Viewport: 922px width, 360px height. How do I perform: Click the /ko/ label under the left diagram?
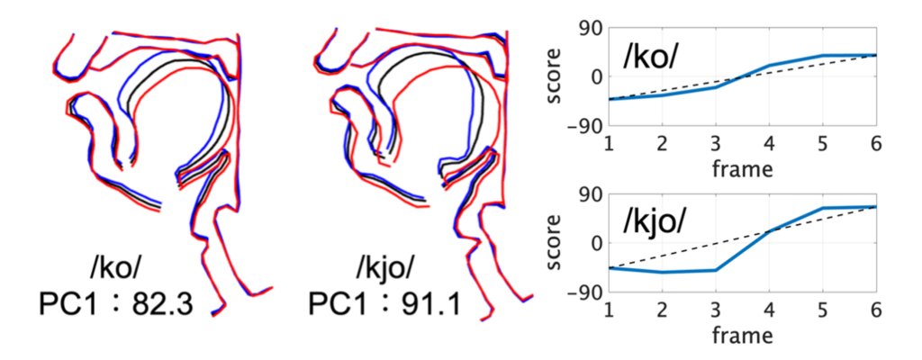tap(116, 267)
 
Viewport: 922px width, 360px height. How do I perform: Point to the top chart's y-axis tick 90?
tap(591, 27)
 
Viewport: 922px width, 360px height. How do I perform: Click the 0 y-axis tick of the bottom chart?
tap(595, 244)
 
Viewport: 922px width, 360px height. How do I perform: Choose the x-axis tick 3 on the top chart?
tap(716, 145)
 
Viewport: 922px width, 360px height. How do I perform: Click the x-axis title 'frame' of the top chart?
tap(742, 167)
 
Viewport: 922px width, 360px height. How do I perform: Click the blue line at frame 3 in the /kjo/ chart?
tap(716, 270)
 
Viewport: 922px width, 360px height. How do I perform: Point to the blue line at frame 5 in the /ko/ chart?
tap(822, 56)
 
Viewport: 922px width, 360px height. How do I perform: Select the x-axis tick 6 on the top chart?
tap(875, 145)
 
